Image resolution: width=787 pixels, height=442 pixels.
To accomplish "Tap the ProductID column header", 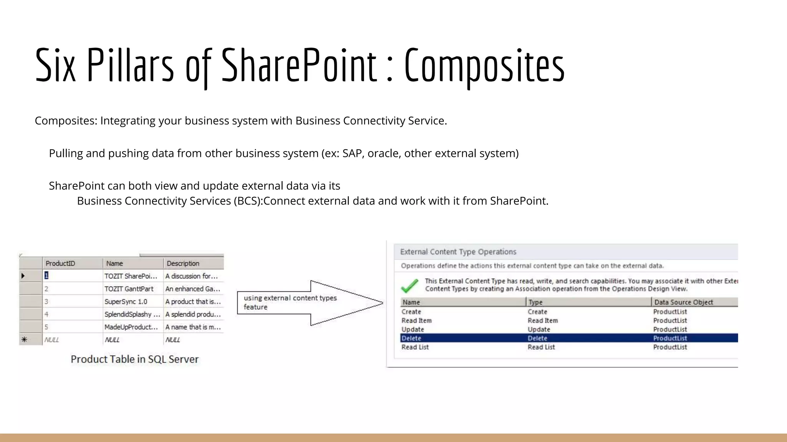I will [60, 264].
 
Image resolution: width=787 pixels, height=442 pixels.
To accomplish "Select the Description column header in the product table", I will [183, 264].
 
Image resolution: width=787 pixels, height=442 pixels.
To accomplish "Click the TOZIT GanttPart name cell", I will [129, 289].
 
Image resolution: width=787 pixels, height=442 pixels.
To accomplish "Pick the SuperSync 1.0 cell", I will [126, 302].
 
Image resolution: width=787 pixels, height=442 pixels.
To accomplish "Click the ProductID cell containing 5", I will [46, 327].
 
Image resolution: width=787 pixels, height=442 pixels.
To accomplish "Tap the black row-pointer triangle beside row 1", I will [23, 276].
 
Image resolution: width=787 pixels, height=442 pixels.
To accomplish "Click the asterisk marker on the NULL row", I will [24, 340].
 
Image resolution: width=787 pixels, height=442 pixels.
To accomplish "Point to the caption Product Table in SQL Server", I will [134, 359].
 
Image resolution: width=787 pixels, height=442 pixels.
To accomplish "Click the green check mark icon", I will [410, 285].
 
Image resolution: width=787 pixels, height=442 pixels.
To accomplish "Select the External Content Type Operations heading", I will [458, 252].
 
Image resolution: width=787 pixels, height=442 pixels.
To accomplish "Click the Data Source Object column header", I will [683, 302].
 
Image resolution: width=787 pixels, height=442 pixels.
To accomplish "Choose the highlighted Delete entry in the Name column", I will [411, 338].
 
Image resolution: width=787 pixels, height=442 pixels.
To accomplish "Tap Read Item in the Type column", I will [542, 320].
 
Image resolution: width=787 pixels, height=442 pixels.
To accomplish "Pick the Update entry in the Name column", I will [413, 329].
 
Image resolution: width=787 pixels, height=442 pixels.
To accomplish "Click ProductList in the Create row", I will [670, 312].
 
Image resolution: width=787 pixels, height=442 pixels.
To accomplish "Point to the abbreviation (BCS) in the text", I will [247, 201].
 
